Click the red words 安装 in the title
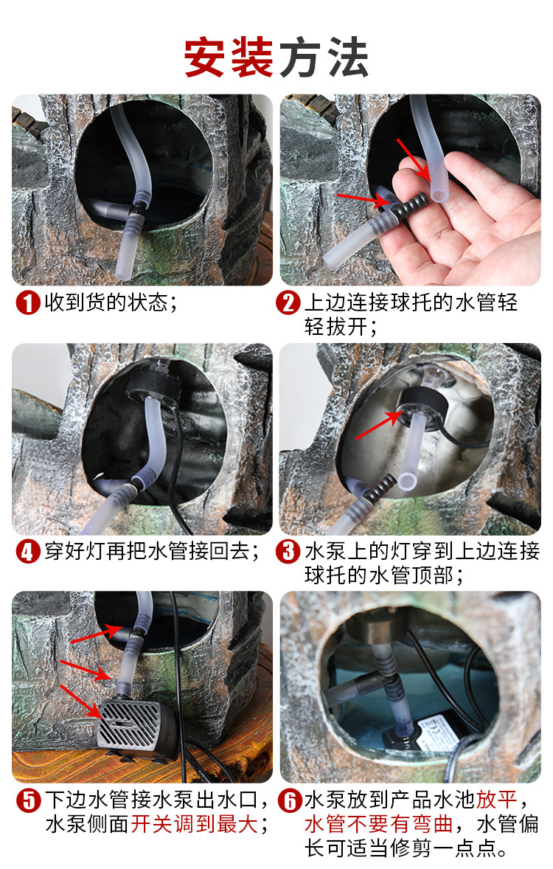tap(229, 57)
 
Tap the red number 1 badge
tap(28, 303)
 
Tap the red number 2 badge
tap(289, 303)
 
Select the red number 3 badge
tap(289, 552)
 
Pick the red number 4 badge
tap(28, 552)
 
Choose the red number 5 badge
tap(28, 801)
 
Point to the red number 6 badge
tap(289, 801)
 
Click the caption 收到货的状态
tap(105, 302)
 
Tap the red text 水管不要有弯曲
tap(378, 824)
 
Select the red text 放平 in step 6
tap(496, 800)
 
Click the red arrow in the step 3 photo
tap(378, 424)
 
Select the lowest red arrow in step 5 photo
tap(80, 702)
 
